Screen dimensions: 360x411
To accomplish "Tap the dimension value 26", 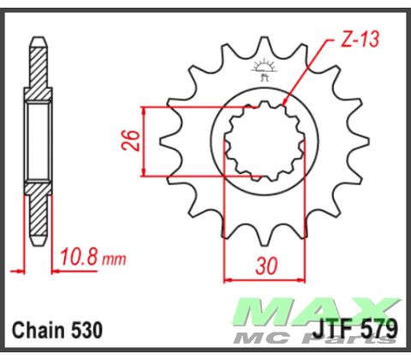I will [x=128, y=141].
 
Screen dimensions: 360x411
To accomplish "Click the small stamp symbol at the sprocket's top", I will [x=264, y=69].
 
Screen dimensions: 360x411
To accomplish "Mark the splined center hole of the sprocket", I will [x=264, y=141].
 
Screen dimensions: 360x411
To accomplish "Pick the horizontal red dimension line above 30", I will [x=266, y=279].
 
